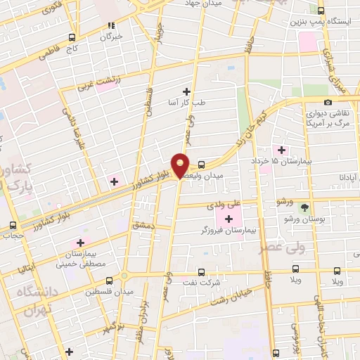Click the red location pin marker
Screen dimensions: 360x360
[x=181, y=165]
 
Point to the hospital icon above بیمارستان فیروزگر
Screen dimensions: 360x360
[x=228, y=219]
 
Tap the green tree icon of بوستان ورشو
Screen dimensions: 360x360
[x=304, y=208]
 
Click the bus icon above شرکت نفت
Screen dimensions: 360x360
[x=202, y=271]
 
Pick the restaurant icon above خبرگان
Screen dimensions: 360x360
[x=110, y=25]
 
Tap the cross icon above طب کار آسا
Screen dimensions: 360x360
[x=186, y=91]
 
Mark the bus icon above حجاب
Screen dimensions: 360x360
[x=13, y=226]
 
